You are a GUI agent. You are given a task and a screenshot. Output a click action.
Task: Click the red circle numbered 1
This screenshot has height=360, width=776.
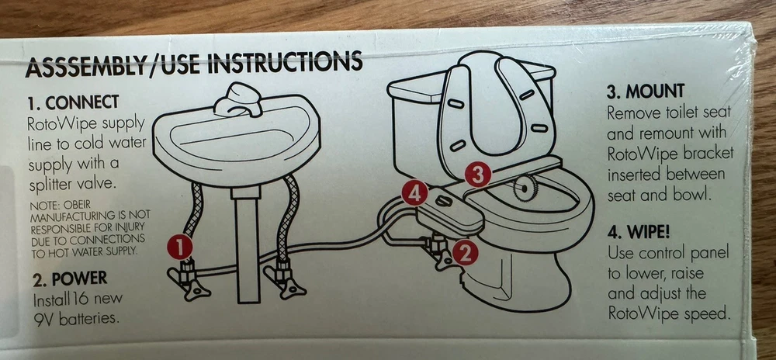click(x=180, y=247)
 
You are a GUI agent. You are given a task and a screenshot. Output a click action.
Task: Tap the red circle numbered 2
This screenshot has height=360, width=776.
click(x=465, y=253)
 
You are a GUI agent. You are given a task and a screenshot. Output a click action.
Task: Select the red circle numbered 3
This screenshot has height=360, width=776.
click(x=478, y=175)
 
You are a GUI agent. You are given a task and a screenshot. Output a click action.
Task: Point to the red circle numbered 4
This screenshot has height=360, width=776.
click(x=414, y=193)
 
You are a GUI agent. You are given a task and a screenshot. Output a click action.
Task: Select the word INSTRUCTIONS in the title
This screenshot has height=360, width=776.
click(x=285, y=62)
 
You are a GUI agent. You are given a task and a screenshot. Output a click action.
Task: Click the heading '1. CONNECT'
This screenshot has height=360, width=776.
click(x=73, y=102)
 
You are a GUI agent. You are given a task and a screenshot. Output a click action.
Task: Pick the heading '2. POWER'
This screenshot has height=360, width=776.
click(x=70, y=279)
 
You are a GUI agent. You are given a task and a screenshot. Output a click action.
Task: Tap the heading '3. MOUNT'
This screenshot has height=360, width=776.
click(x=646, y=91)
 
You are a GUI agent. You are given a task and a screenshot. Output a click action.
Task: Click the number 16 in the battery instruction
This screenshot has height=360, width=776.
click(x=80, y=299)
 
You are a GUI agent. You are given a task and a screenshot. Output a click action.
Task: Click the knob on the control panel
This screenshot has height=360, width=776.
click(x=444, y=201)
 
